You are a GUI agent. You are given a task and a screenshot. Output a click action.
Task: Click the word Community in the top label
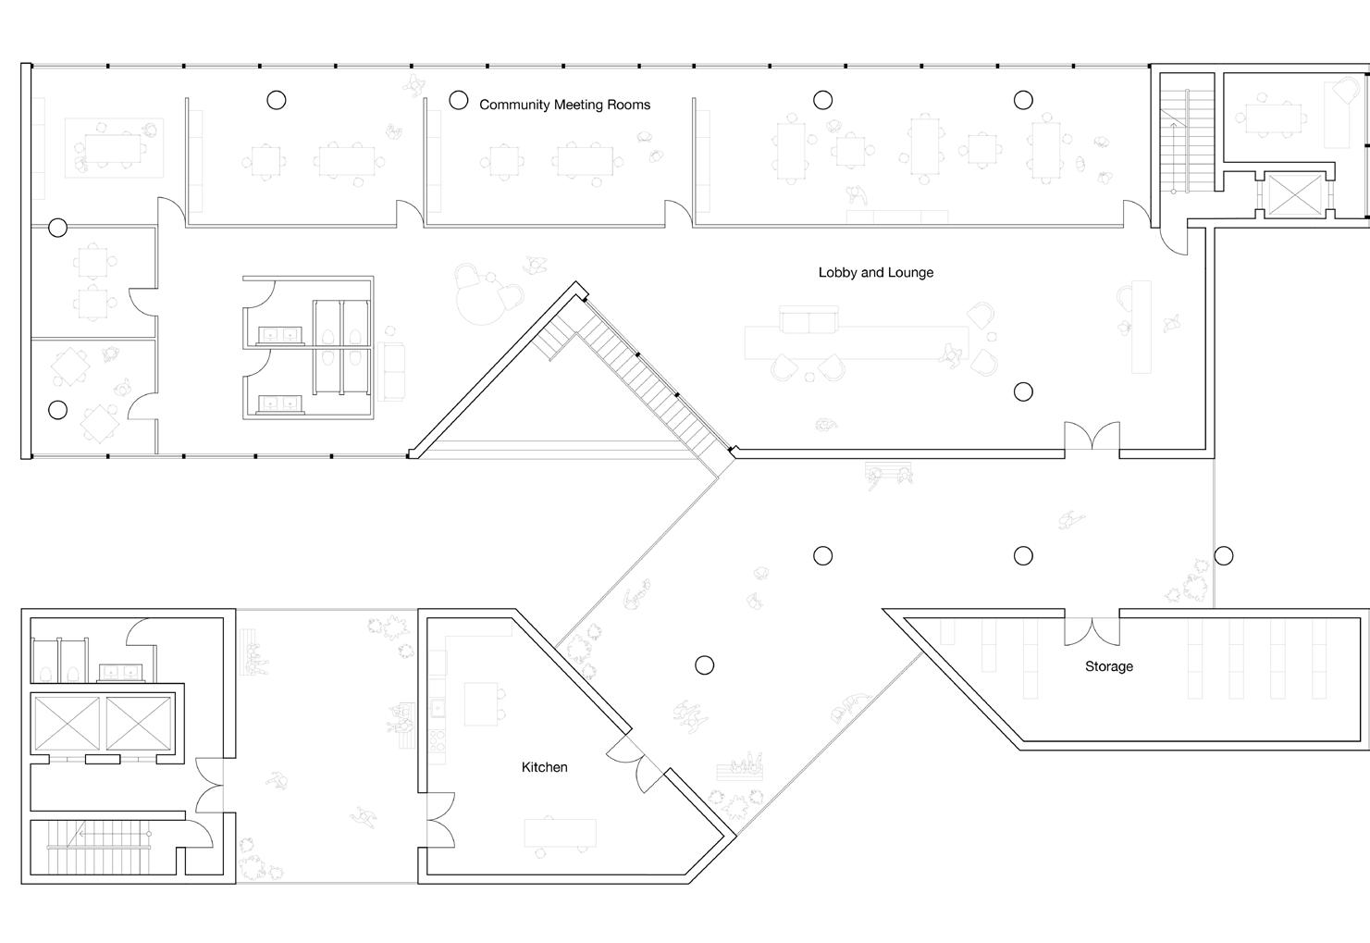click(x=514, y=105)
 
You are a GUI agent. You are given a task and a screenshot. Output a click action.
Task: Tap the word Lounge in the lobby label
click(x=911, y=273)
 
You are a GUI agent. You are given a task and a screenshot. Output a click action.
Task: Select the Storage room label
click(x=1109, y=666)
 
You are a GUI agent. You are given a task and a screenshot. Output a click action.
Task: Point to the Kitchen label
click(x=544, y=767)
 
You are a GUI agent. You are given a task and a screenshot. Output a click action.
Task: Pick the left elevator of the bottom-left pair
click(x=67, y=724)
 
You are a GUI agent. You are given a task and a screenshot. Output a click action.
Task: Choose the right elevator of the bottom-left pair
click(x=139, y=724)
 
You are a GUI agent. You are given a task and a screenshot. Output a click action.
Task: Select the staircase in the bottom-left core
click(x=98, y=848)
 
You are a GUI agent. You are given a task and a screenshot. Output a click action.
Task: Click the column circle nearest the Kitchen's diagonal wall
click(x=705, y=665)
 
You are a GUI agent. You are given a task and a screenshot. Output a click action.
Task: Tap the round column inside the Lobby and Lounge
click(x=1023, y=391)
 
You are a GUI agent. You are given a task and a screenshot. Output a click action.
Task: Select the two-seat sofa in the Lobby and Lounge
click(x=808, y=320)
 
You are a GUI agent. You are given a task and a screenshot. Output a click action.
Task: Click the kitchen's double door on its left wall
click(x=440, y=820)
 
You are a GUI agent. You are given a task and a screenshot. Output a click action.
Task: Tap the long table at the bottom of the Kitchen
click(x=560, y=833)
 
